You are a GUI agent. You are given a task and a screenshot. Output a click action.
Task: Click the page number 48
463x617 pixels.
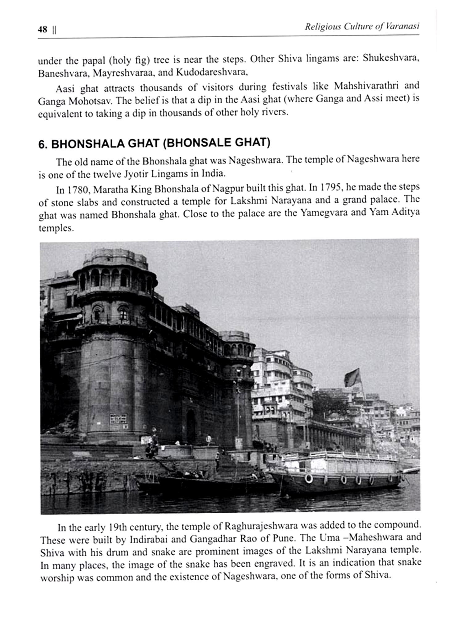click(42, 30)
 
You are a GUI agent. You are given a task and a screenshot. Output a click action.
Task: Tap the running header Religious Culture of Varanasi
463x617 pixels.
click(362, 27)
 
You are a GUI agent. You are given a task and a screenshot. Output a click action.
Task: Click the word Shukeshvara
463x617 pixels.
click(390, 58)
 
